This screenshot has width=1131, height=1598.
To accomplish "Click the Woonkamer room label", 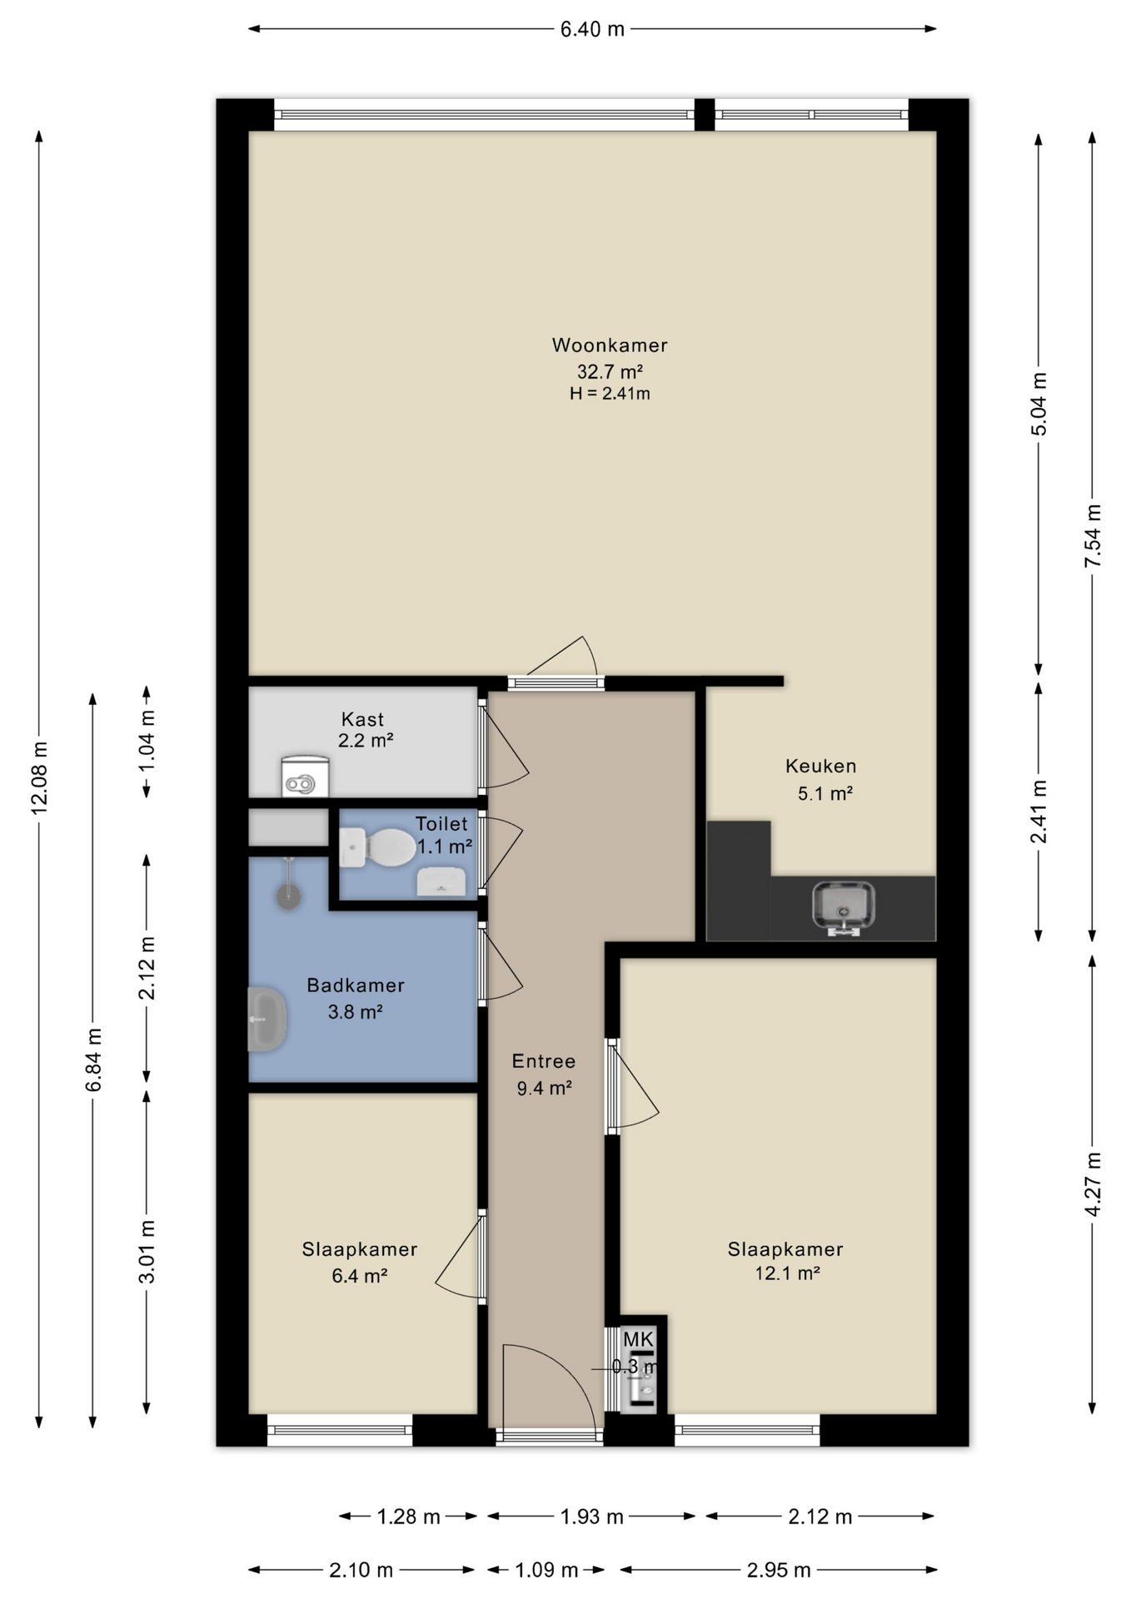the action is click(x=610, y=345).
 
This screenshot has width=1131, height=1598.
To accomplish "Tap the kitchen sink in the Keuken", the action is click(x=844, y=908).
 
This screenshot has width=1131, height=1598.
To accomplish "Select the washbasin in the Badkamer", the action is click(x=267, y=1020).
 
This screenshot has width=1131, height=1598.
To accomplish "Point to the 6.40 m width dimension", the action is click(x=592, y=29).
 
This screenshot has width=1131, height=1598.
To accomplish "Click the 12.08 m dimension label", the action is click(x=39, y=776).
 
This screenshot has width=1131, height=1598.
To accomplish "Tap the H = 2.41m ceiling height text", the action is click(x=610, y=394).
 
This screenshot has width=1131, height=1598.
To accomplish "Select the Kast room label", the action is click(x=363, y=719).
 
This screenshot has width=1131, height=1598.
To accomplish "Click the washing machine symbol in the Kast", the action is click(x=306, y=776).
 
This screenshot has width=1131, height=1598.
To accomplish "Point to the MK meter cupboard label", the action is click(x=639, y=1340).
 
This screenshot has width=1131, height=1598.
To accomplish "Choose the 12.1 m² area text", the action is click(x=787, y=1273).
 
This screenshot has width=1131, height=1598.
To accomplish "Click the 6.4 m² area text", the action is click(x=360, y=1276).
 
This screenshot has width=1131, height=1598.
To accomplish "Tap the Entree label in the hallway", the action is click(x=544, y=1061).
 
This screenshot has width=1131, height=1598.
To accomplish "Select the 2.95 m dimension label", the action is click(x=779, y=1571).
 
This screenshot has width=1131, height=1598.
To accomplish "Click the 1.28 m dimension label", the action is click(x=408, y=1516).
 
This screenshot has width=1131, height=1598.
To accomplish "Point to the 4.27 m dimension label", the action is click(x=1094, y=1184).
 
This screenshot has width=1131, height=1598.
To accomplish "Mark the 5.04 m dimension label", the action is click(x=1039, y=404).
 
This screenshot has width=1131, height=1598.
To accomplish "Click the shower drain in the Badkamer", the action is click(x=288, y=897).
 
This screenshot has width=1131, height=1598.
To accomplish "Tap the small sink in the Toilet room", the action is click(x=441, y=881).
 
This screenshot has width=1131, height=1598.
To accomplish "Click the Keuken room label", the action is click(x=820, y=766).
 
